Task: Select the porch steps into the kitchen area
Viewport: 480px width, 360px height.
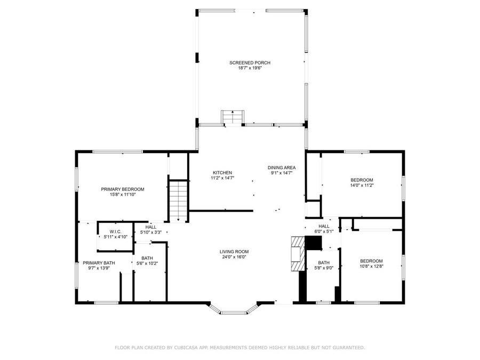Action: point(233,117)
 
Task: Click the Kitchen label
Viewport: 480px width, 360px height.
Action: point(222,173)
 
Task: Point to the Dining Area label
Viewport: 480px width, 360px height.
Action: point(282,167)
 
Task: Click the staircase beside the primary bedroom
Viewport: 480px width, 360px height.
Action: point(178,201)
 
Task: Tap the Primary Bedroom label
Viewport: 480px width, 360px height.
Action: point(123,189)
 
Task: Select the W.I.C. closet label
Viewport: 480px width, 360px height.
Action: point(116,231)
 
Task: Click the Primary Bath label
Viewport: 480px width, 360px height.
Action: point(99,263)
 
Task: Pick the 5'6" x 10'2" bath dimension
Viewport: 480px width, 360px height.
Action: point(147,263)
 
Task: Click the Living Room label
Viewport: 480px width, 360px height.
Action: point(234,252)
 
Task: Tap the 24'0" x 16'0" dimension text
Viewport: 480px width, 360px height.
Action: point(234,257)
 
